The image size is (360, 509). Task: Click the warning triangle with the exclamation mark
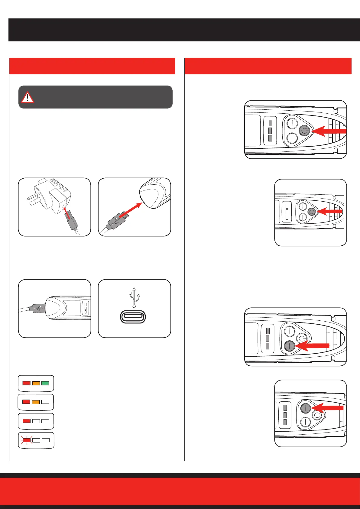[x=28, y=97]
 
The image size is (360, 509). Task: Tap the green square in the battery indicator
[x=45, y=383]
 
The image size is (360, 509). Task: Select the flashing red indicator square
[x=27, y=440]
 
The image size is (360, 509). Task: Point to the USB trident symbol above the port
[x=134, y=297]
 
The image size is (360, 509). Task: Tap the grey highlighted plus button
[x=290, y=345]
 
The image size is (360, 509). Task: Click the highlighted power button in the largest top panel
[x=304, y=131]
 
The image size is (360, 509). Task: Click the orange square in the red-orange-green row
[x=36, y=383]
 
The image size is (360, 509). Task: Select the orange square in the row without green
[x=36, y=402]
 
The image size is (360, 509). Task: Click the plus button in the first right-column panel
[x=292, y=138]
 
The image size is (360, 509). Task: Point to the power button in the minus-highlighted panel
[x=316, y=416]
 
